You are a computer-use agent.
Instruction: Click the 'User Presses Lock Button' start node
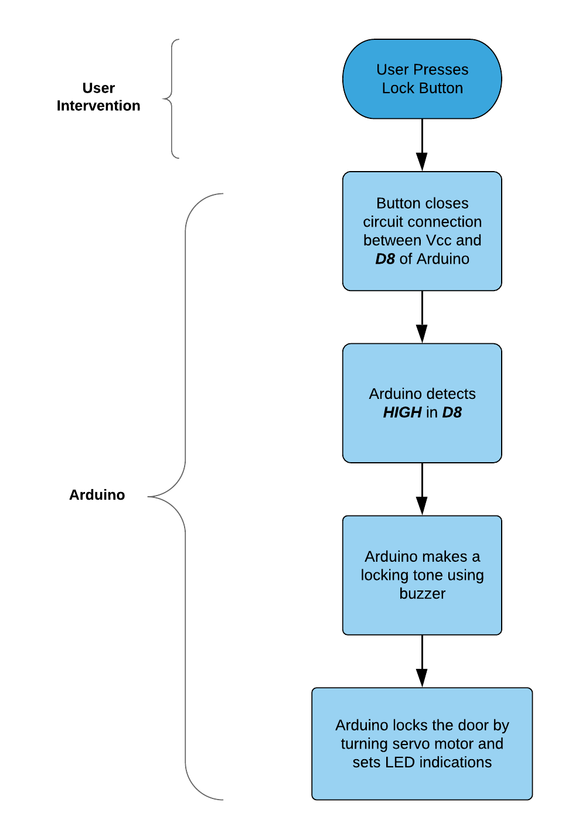(422, 79)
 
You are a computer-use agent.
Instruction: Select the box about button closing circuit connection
(422, 231)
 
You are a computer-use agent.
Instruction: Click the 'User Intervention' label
(98, 97)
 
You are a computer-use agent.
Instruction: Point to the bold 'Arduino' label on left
(97, 495)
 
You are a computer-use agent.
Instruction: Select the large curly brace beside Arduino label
(185, 496)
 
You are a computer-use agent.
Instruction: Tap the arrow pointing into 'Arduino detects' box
(422, 317)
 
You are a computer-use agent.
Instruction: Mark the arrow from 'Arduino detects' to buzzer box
(422, 489)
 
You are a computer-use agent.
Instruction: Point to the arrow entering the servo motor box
(422, 661)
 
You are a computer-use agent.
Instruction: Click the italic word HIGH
(402, 412)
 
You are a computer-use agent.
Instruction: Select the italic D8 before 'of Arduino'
(385, 259)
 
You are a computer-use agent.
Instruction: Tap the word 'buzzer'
(422, 593)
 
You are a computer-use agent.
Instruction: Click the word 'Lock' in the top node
(397, 88)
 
